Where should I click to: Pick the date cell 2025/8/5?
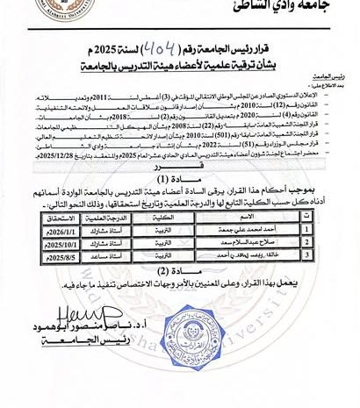coord(66,255)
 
